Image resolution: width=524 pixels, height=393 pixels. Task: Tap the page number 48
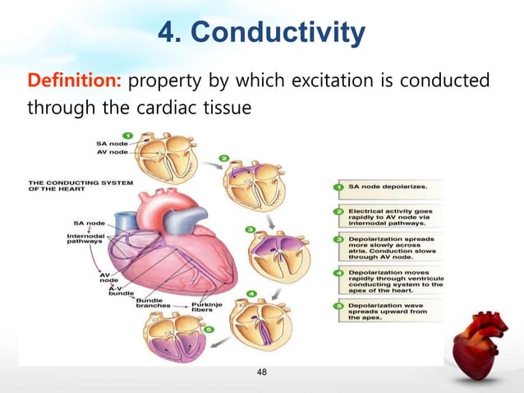pos(262,372)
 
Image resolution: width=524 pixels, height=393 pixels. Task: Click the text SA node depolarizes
pos(388,187)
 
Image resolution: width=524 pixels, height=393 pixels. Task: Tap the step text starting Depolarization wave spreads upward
pos(392,313)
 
